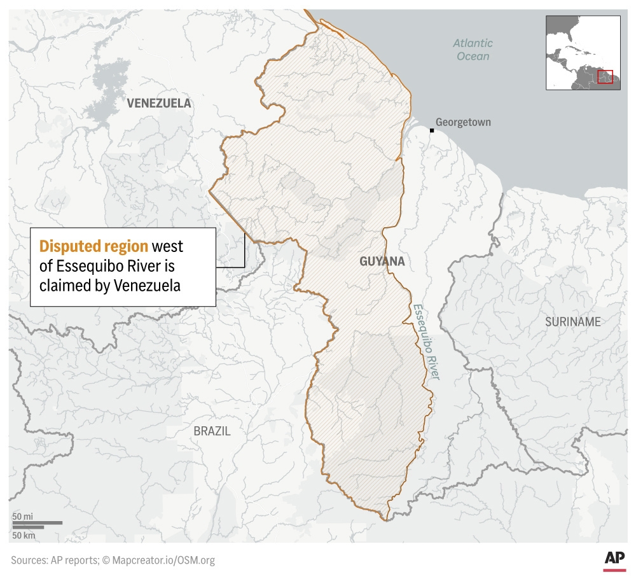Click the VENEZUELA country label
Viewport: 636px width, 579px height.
tap(158, 103)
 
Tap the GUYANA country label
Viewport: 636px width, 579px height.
tap(382, 262)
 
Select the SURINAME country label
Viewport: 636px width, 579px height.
tap(572, 322)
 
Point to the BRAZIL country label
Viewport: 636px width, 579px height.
tap(212, 431)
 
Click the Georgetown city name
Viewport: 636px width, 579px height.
tap(463, 122)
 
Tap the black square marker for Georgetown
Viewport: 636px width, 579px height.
tap(431, 130)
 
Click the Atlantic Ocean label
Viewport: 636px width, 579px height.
tap(473, 50)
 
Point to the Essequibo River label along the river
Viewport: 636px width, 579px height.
tap(425, 342)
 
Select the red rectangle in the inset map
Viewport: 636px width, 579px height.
tap(605, 76)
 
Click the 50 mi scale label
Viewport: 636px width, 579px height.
tap(22, 516)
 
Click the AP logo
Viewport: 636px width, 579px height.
tap(614, 557)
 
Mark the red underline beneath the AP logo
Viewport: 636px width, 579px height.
tap(614, 570)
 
